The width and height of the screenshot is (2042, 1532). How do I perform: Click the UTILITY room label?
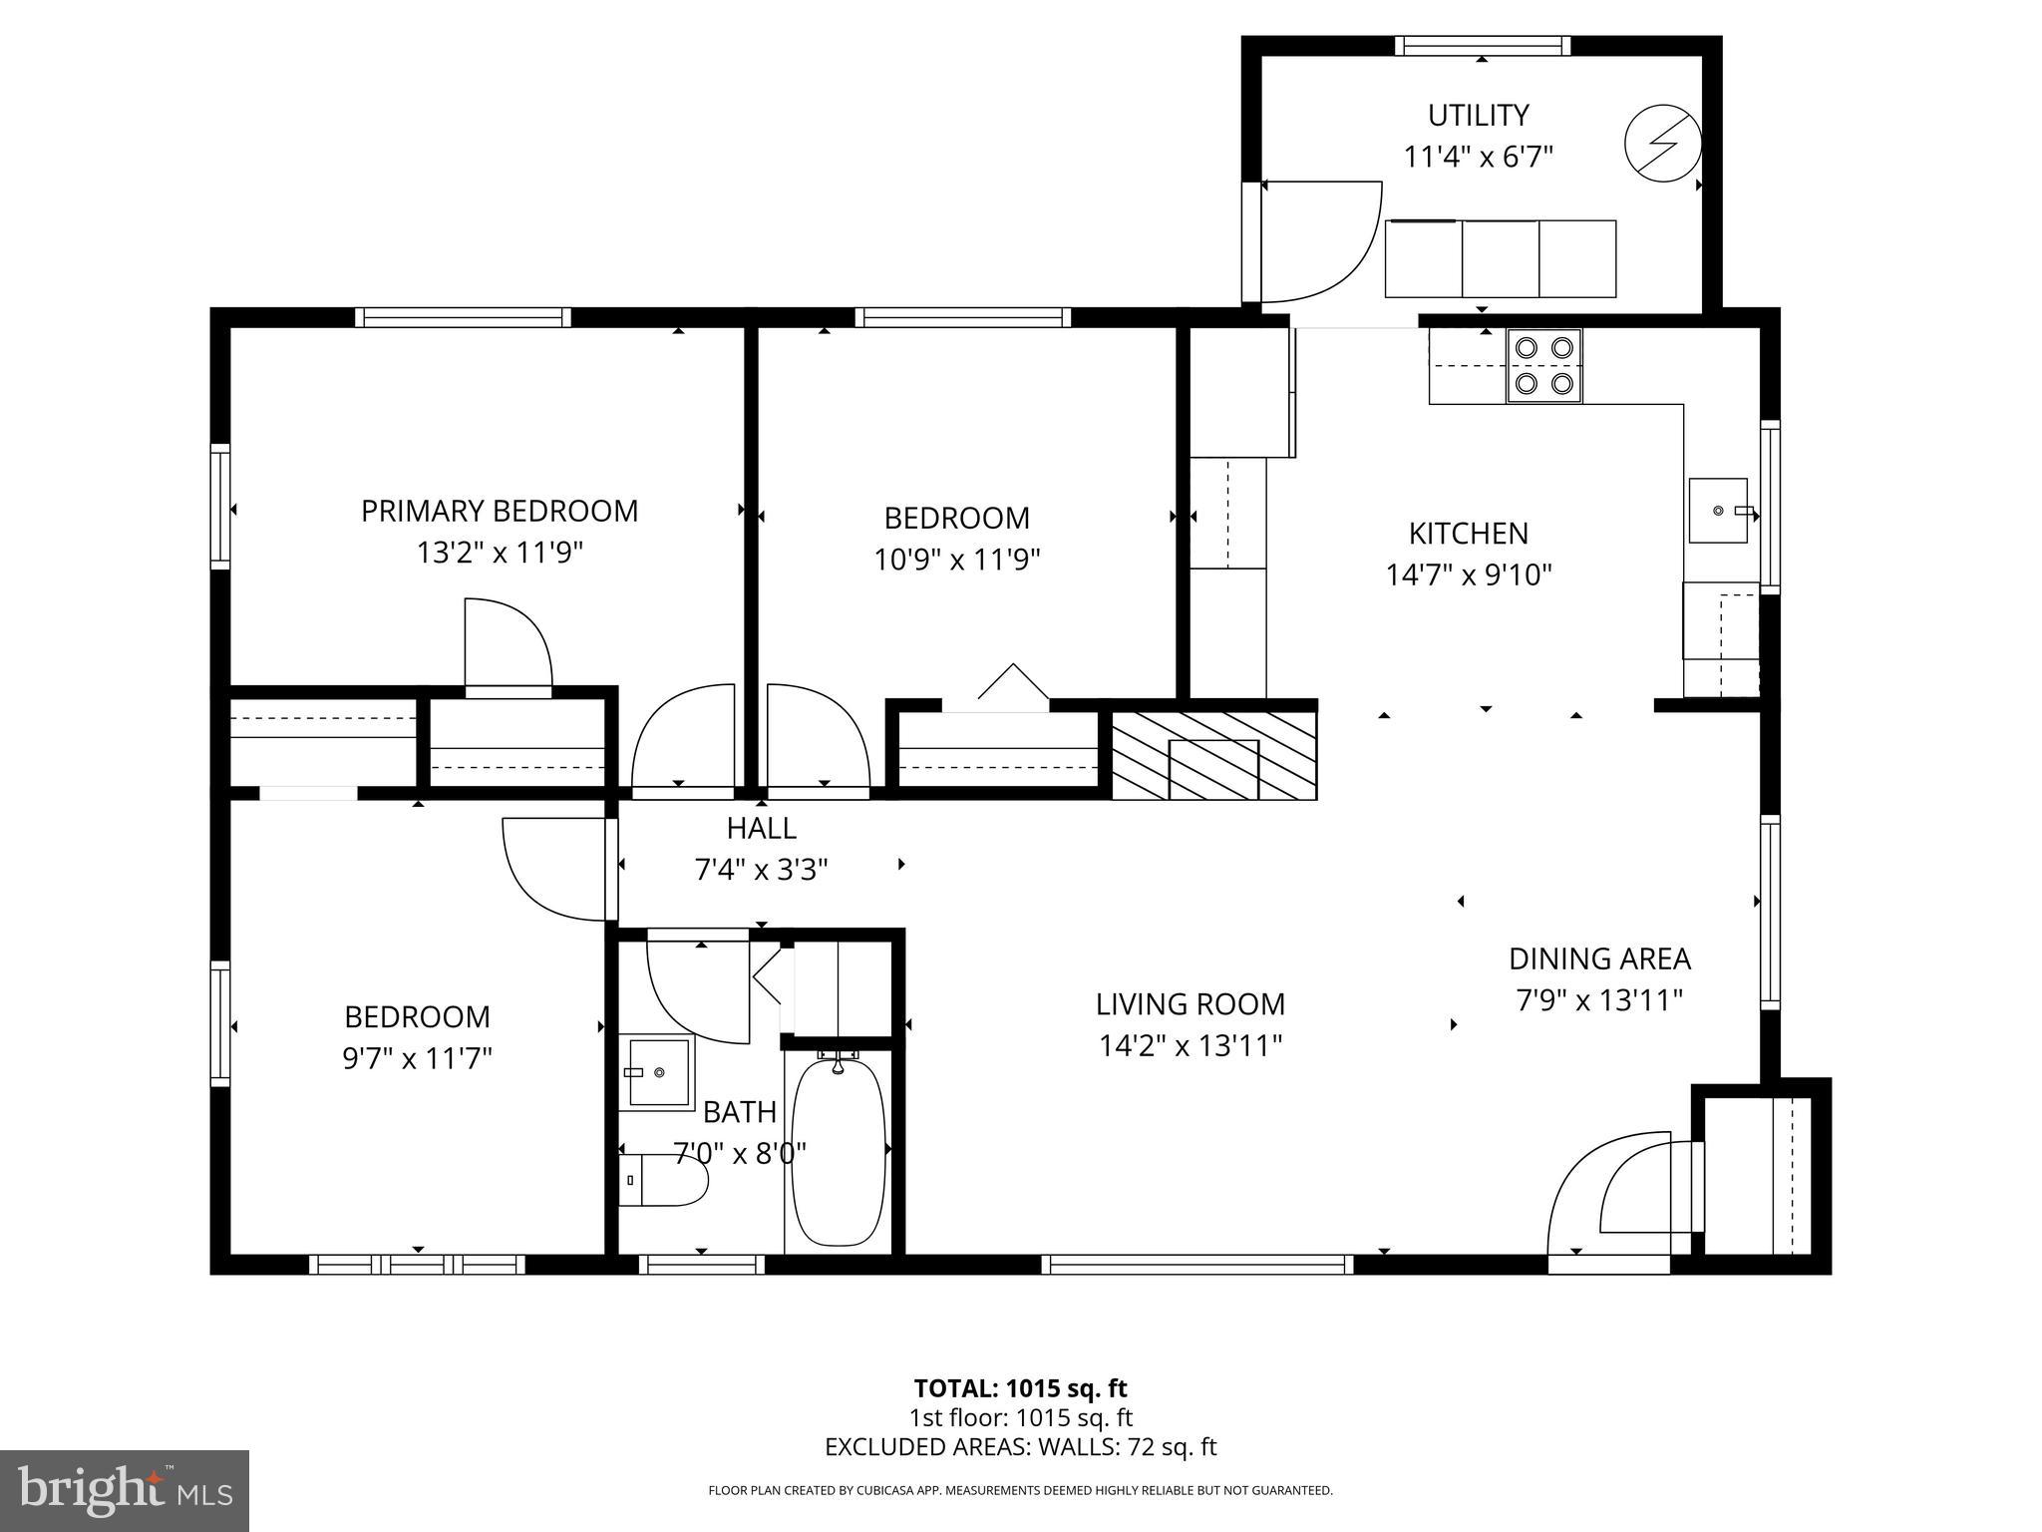pos(1478,116)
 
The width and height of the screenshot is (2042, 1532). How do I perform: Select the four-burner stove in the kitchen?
pos(1543,365)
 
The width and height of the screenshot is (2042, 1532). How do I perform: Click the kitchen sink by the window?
pos(1718,511)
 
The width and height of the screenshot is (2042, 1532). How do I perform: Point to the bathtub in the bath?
pos(839,1152)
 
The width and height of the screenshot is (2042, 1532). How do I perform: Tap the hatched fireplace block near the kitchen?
pos(1213,755)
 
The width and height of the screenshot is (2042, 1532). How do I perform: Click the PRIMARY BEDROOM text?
pos(499,512)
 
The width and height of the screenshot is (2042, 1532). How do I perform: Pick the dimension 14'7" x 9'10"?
pos(1469,575)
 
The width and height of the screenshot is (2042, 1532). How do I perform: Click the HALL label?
pos(761,829)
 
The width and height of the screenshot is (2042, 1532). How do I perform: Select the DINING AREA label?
pos(1599,959)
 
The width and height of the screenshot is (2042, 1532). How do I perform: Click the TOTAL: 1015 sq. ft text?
pos(1020,1388)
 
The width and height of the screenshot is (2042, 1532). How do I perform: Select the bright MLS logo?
pos(125,1490)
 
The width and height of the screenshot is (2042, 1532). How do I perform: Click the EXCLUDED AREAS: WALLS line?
pos(1020,1447)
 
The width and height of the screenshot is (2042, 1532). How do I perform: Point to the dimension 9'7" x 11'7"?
pos(417,1058)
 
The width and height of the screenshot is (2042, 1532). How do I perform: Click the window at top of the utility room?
pos(1482,45)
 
